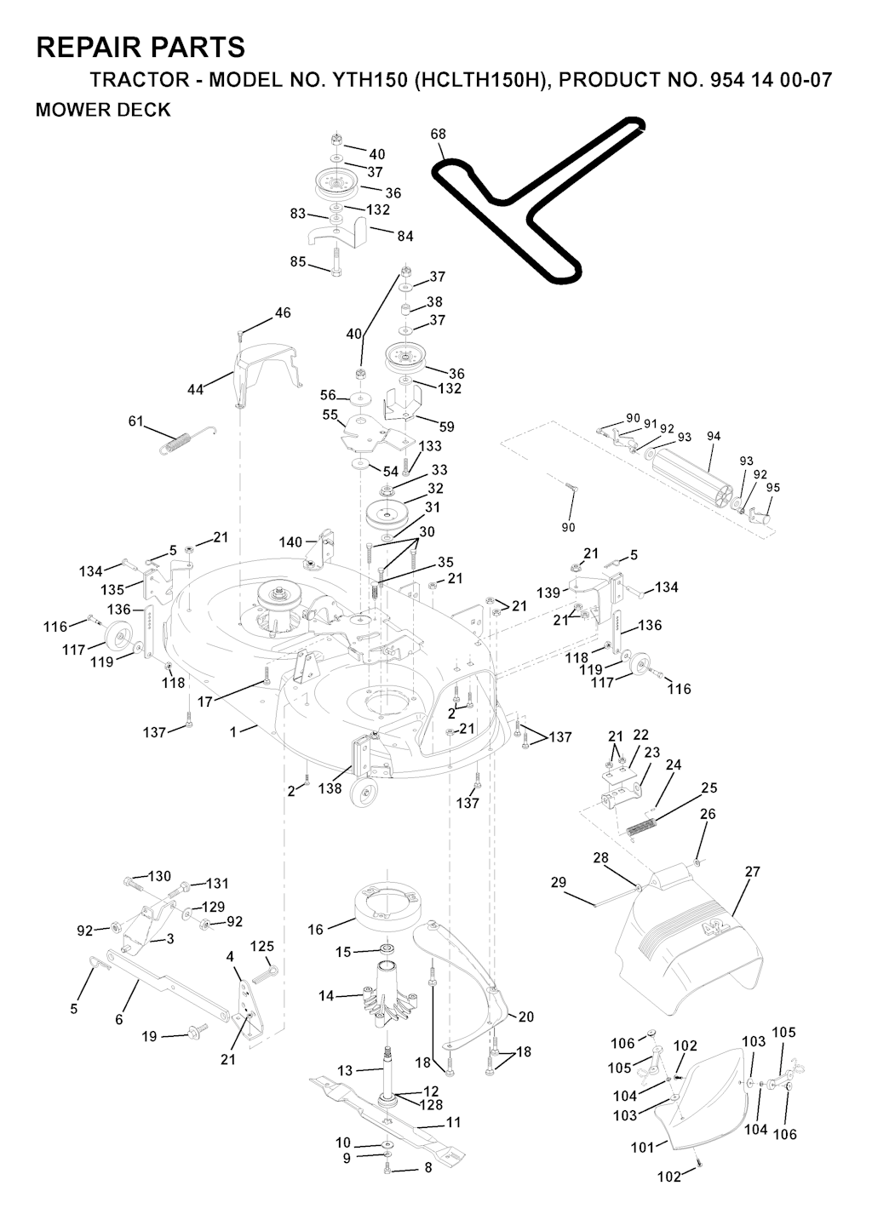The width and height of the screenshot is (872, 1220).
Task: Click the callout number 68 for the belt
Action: pos(438,134)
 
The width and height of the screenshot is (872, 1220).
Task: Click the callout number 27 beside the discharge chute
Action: pos(752,872)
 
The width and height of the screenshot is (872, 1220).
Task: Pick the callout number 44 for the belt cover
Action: pos(196,389)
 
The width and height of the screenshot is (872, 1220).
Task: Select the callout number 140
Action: pos(290,542)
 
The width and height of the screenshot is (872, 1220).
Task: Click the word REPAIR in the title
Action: pos(90,47)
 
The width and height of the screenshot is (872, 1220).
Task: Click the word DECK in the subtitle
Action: pos(146,110)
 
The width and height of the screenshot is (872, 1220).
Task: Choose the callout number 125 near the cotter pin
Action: pos(262,946)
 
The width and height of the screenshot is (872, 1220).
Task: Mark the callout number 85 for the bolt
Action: pos(298,261)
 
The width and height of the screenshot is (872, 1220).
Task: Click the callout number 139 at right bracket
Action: pos(548,593)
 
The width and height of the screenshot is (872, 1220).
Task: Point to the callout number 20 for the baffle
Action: pos(526,1017)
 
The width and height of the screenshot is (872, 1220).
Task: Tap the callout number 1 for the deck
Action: pos(233,732)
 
